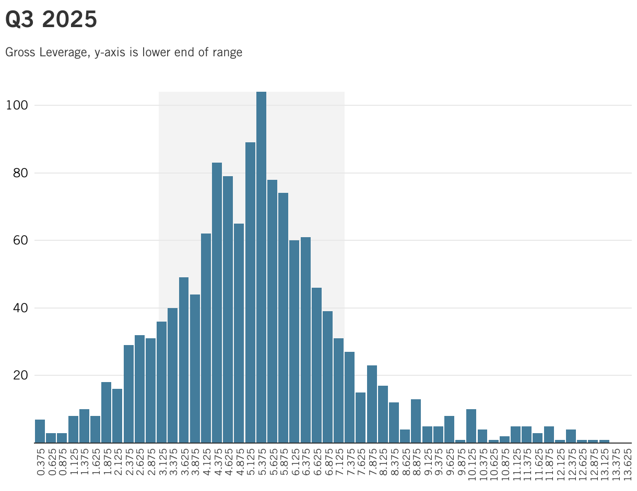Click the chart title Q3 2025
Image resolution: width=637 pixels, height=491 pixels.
tap(51, 20)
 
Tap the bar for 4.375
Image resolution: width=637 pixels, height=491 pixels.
tap(217, 302)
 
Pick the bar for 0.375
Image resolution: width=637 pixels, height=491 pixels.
tap(40, 431)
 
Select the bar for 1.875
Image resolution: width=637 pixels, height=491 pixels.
tap(106, 412)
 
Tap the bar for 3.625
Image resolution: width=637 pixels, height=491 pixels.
tap(184, 360)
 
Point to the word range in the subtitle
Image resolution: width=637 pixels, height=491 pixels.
tap(227, 53)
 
